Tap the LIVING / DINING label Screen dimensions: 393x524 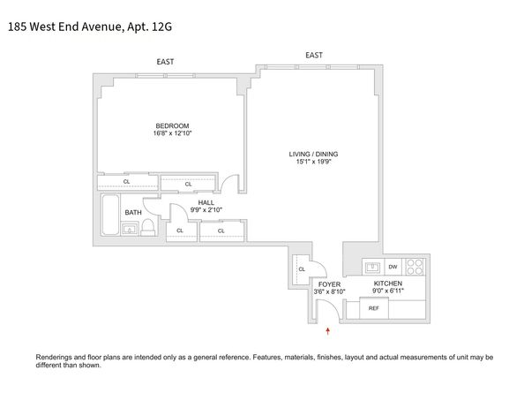tap(313, 155)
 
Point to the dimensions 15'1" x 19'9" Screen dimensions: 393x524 tap(313, 162)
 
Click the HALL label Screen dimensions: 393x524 tap(206, 202)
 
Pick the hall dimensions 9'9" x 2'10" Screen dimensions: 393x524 tap(206, 210)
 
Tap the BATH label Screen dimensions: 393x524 tap(132, 213)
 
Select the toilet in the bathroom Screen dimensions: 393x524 tap(148, 229)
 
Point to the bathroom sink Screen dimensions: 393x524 tap(130, 231)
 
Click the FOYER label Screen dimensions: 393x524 tap(329, 283)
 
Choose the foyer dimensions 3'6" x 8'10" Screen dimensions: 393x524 tap(329, 291)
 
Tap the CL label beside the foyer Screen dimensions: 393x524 tap(302, 269)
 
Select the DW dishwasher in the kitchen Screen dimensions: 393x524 tap(393, 267)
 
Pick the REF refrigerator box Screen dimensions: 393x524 tap(374, 308)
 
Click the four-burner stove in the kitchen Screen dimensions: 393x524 tap(415, 265)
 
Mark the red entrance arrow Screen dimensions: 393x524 tap(329, 330)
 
